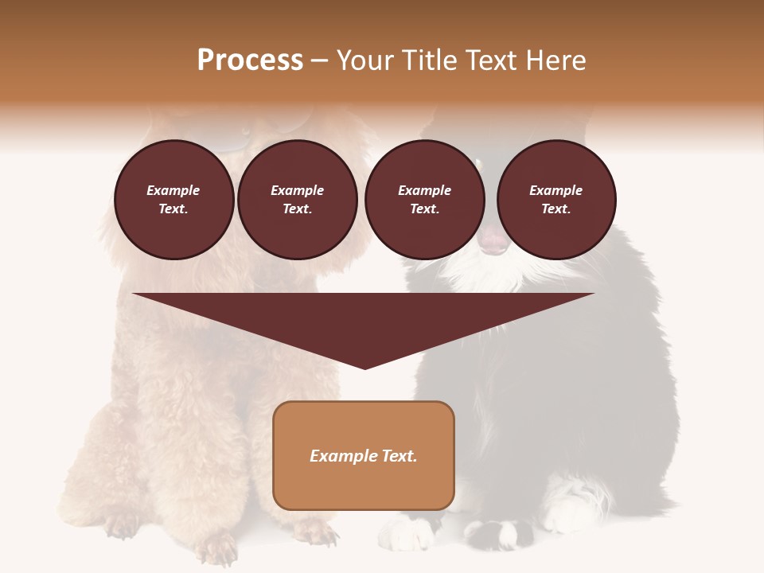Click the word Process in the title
(x=250, y=60)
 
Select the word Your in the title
(x=364, y=60)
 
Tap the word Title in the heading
(x=428, y=60)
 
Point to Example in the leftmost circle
(x=173, y=190)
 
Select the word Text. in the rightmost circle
(x=555, y=209)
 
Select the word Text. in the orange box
(x=398, y=456)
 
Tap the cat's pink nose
(x=493, y=243)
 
